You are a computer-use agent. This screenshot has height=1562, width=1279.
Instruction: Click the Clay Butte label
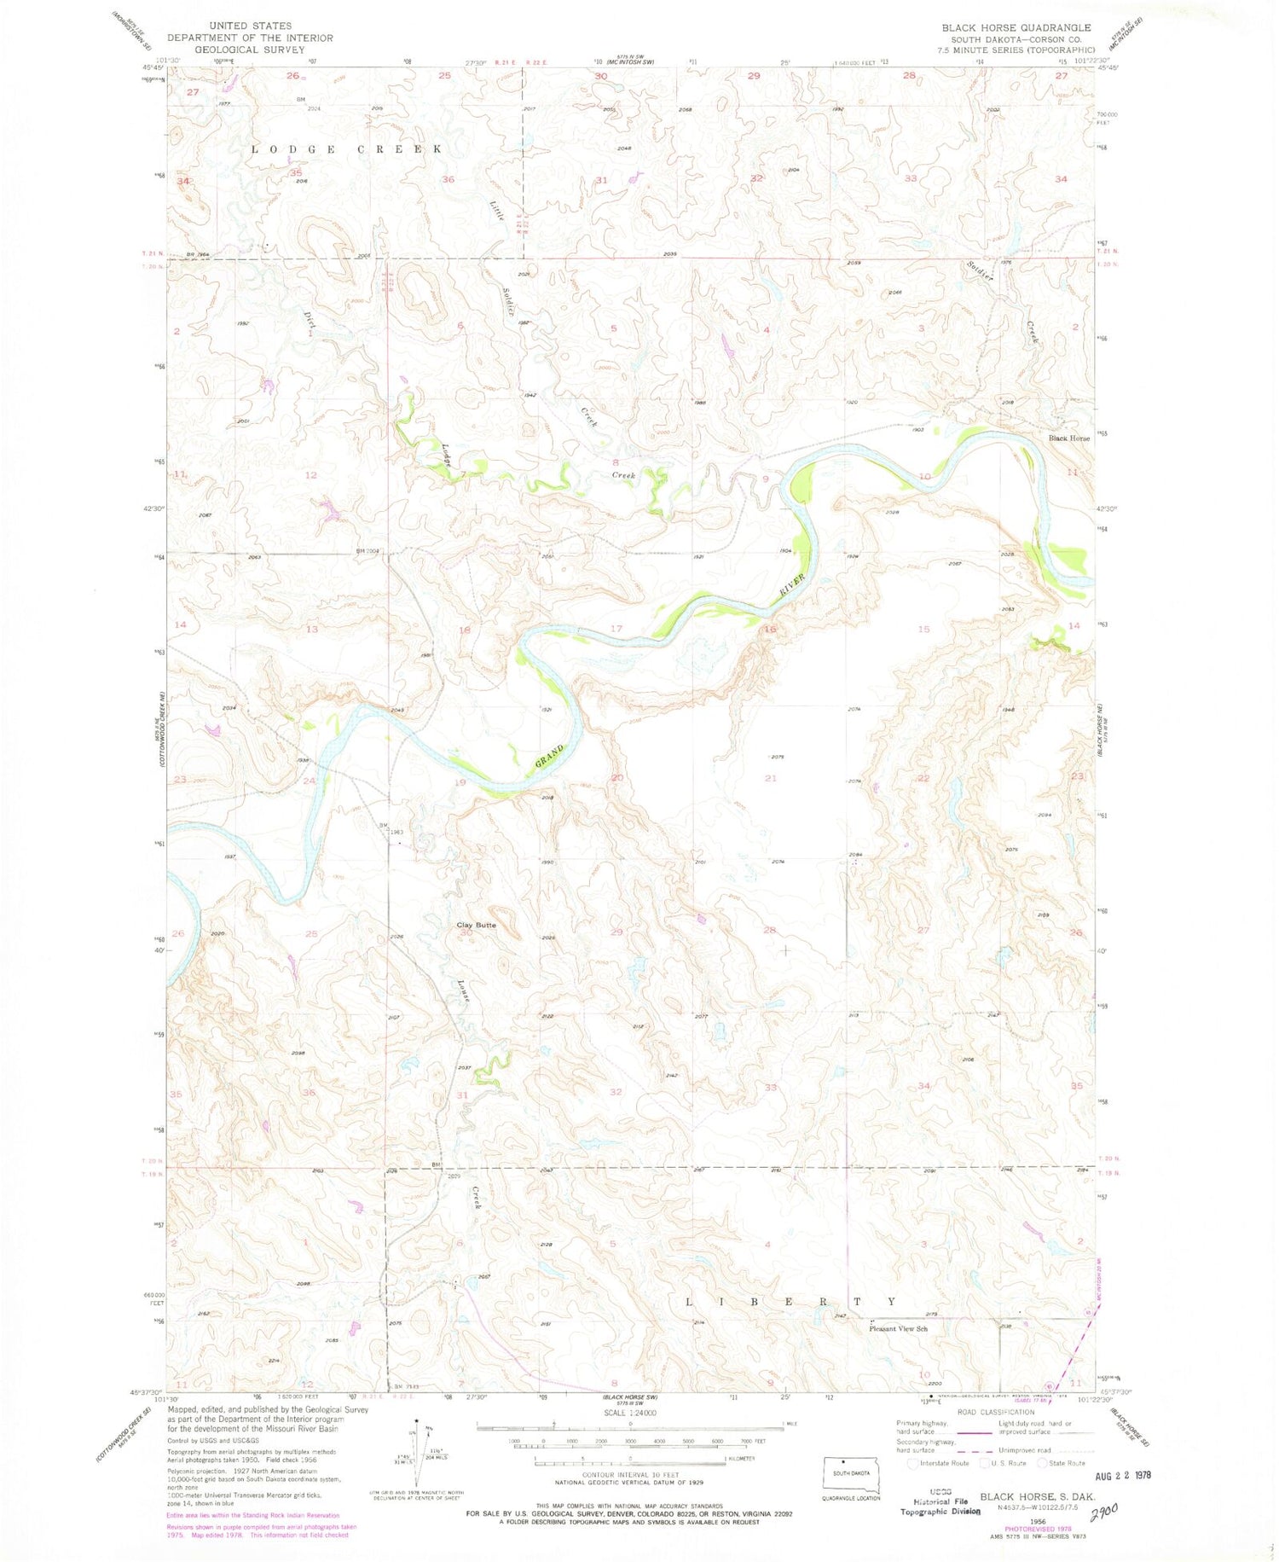point(476,925)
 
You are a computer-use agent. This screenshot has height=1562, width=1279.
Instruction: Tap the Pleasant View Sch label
point(898,1328)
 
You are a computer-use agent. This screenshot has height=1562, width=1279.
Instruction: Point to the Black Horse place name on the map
point(1068,438)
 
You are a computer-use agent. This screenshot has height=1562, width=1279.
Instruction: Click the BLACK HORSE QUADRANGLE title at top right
point(1016,27)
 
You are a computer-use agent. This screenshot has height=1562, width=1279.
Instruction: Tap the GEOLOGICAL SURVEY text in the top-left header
point(250,49)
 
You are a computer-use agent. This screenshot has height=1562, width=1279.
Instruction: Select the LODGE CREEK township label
point(346,148)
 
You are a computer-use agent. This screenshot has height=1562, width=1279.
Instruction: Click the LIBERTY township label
point(791,1302)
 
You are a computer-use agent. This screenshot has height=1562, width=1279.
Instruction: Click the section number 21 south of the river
point(771,778)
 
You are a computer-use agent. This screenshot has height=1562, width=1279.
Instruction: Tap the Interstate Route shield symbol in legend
point(913,1463)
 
